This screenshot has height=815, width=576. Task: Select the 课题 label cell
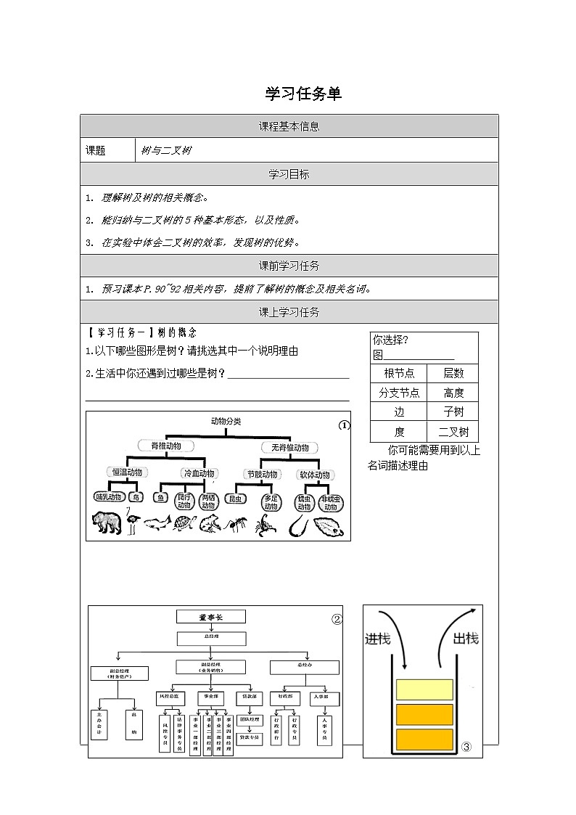(96, 150)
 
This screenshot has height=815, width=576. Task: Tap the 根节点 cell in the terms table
(399, 373)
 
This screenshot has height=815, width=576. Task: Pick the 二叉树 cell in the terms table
(453, 431)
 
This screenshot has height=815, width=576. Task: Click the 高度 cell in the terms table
(453, 393)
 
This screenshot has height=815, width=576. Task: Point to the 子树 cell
(453, 411)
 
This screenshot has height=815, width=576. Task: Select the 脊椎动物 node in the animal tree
(165, 446)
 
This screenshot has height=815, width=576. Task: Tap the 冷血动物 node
(198, 473)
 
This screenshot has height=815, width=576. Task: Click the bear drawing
(107, 522)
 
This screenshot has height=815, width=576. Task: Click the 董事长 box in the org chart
(212, 617)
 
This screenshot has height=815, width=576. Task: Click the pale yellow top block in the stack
(424, 689)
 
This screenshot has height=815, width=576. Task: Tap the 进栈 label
(377, 639)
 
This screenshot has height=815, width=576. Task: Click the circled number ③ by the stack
(466, 747)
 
